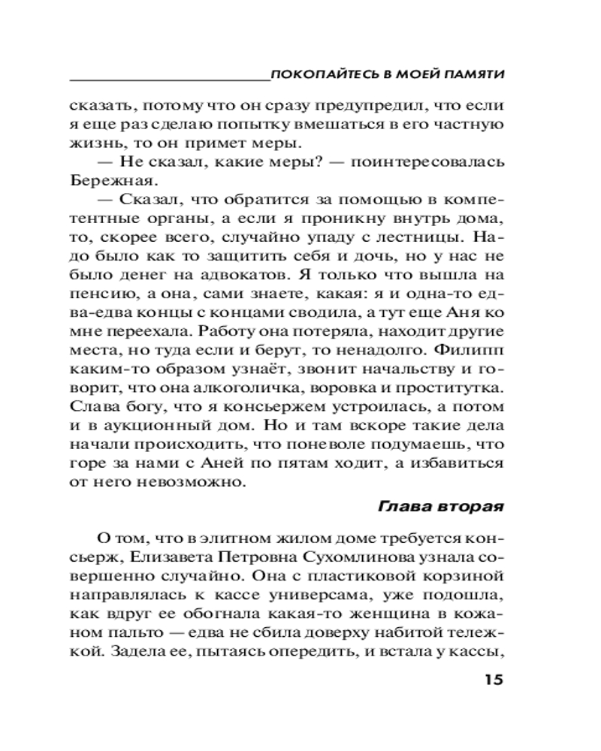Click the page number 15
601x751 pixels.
pos(488,680)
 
